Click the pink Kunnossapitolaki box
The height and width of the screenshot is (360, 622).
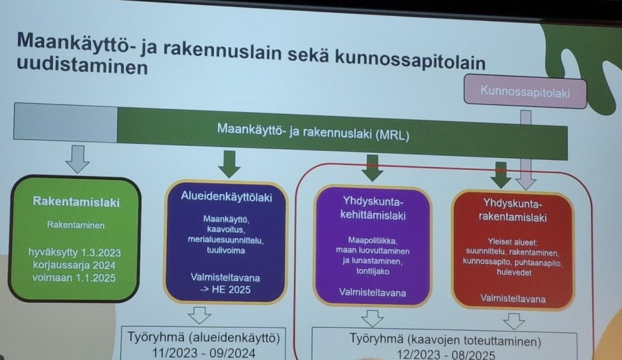click(x=525, y=92)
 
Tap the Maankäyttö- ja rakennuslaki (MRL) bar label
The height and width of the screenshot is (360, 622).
click(x=313, y=131)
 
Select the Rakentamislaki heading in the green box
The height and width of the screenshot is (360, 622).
click(x=76, y=202)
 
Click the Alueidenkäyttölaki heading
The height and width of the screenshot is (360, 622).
click(x=227, y=197)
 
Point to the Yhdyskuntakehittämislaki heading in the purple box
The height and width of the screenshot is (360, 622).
click(x=373, y=208)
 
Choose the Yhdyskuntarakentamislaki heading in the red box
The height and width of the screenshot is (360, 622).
click(x=513, y=210)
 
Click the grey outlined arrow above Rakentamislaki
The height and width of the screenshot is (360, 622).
click(x=77, y=158)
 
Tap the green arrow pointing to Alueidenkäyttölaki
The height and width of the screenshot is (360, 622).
click(x=229, y=164)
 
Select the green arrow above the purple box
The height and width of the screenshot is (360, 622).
click(x=372, y=168)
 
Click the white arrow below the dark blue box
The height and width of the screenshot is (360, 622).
click(x=199, y=315)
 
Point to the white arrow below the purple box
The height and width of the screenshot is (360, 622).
click(x=372, y=318)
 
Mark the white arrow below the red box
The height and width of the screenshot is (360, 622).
click(x=514, y=321)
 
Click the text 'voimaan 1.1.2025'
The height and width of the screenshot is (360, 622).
click(x=74, y=277)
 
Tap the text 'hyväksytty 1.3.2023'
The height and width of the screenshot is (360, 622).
click(x=75, y=253)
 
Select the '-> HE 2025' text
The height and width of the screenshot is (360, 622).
click(x=225, y=290)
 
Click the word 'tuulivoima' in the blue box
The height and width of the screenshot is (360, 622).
click(x=226, y=250)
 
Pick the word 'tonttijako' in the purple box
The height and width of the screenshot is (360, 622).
click(x=372, y=271)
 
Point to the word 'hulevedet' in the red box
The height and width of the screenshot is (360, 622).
click(x=514, y=273)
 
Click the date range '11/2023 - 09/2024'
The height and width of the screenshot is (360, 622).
click(x=203, y=353)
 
